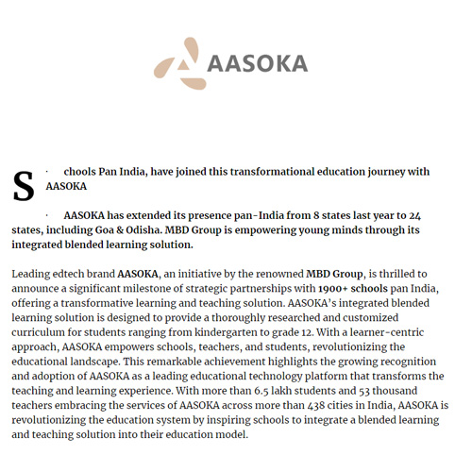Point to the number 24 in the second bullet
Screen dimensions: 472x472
(414, 216)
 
